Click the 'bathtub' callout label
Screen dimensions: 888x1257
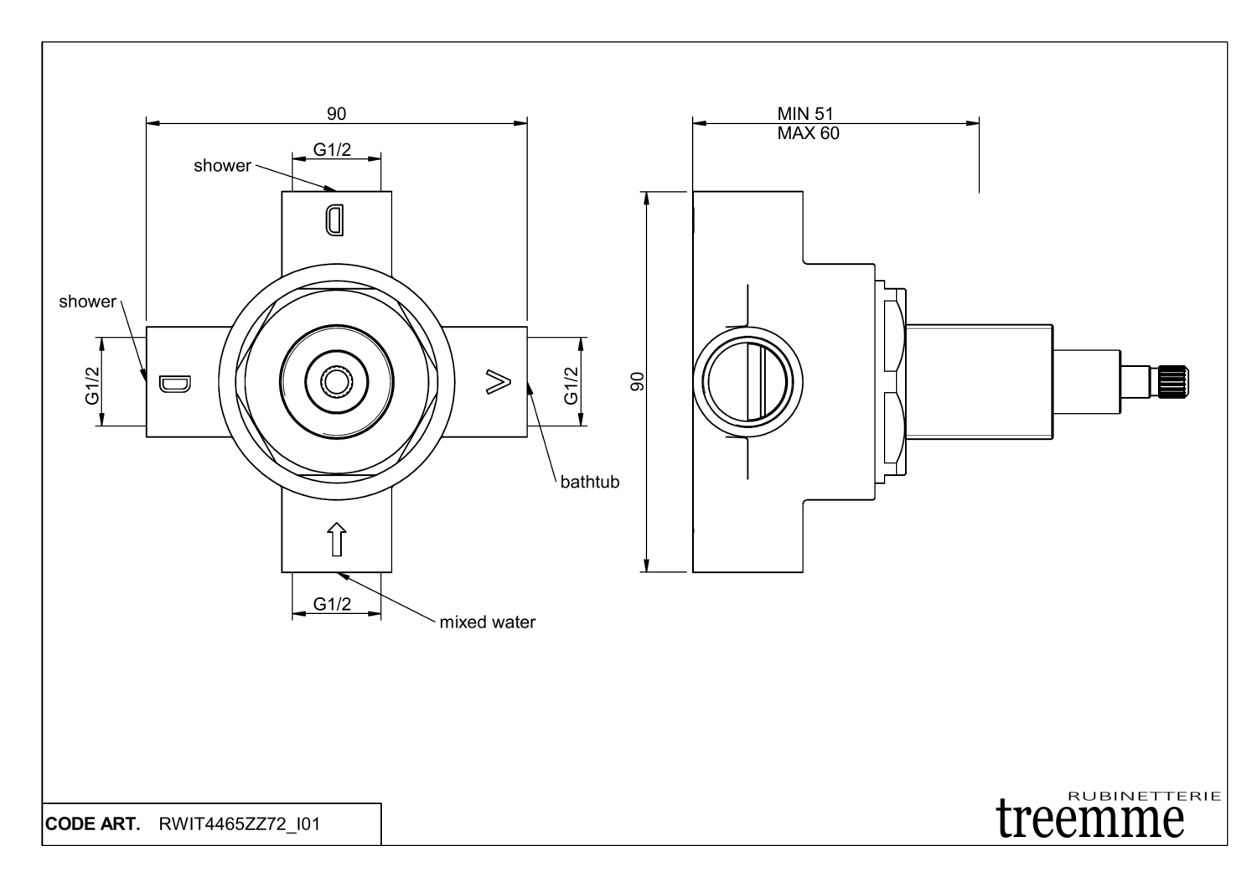(x=589, y=482)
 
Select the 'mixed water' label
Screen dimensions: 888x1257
(x=487, y=622)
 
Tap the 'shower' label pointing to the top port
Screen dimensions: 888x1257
(x=222, y=166)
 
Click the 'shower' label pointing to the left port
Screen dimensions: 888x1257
(x=87, y=302)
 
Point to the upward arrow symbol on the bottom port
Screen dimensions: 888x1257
(x=336, y=539)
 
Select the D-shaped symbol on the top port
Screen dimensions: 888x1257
(x=334, y=220)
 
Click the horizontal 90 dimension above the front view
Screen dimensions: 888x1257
(x=336, y=113)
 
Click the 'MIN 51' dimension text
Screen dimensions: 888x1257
(x=805, y=114)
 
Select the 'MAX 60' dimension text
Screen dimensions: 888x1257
(x=808, y=133)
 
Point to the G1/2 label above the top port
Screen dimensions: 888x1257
(x=333, y=150)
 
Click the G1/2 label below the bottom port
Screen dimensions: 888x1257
(x=333, y=604)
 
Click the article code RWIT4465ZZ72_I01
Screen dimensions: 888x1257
(x=239, y=824)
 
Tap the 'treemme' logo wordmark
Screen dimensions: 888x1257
(x=1090, y=817)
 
